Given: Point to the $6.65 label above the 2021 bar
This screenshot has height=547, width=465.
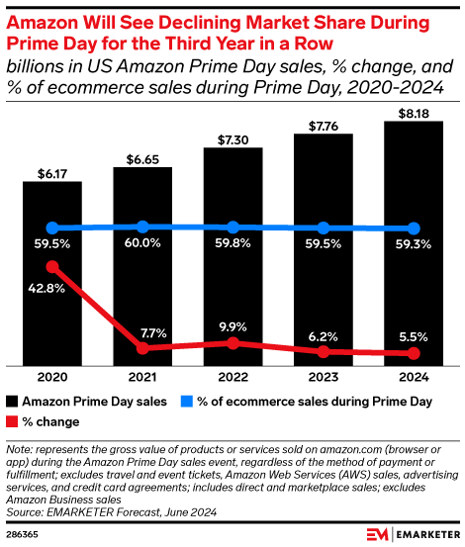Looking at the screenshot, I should (x=142, y=158).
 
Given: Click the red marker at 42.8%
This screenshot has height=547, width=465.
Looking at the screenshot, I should (x=52, y=266).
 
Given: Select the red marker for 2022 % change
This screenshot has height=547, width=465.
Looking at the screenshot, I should (x=232, y=342).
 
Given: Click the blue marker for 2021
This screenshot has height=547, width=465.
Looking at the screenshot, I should (x=142, y=227).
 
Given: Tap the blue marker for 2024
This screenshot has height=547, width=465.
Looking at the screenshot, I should (x=413, y=228).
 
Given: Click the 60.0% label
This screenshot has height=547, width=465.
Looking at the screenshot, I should (x=142, y=244).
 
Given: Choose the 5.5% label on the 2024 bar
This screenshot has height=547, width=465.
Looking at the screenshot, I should (x=413, y=335).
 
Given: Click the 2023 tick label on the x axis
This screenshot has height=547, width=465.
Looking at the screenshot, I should (x=323, y=377).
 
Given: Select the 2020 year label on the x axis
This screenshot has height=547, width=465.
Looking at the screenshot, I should (x=52, y=377).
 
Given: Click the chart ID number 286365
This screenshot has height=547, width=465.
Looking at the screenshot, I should (x=26, y=532).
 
